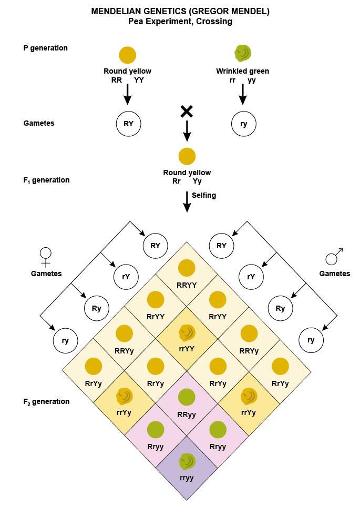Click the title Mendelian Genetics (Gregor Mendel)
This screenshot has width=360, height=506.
[x=180, y=11]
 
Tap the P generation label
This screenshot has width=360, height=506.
[x=46, y=48]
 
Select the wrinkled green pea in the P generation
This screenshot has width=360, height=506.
[x=243, y=53]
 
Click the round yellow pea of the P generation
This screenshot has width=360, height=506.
[x=127, y=55]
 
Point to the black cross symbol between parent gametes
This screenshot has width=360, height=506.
[x=187, y=112]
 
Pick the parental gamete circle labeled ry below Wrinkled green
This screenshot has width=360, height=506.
[x=244, y=124]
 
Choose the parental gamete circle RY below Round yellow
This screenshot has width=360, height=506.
[x=128, y=124]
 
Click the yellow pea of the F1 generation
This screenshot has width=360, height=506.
[x=187, y=156]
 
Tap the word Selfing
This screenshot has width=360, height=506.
[x=204, y=195]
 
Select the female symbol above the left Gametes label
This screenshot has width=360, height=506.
[x=46, y=256]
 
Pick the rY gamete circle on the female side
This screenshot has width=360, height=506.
[x=126, y=277]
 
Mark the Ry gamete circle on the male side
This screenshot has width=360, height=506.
[x=280, y=308]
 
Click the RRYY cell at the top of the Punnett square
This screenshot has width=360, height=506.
[x=187, y=274]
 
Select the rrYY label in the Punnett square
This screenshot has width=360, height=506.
[x=187, y=348]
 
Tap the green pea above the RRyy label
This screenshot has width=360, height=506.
[x=187, y=397]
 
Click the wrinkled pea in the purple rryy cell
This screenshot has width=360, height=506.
[x=187, y=462]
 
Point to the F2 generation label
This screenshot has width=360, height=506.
[x=46, y=402]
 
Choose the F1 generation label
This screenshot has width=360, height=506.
[x=46, y=180]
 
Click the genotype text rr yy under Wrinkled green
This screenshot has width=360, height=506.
[x=242, y=80]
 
